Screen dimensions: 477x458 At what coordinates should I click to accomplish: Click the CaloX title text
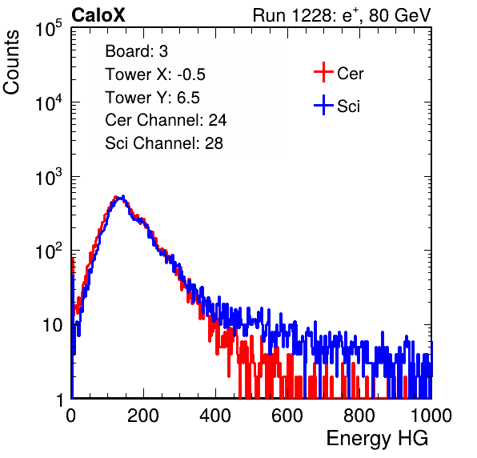(98, 15)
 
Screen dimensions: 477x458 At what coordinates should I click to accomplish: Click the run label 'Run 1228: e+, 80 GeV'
(342, 15)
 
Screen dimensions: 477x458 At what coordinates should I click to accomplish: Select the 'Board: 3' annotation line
(136, 51)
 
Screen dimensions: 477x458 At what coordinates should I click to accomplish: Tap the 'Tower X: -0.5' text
(155, 74)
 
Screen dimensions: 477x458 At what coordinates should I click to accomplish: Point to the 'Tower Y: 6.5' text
(152, 98)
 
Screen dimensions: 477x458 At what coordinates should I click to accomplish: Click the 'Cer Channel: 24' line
(166, 120)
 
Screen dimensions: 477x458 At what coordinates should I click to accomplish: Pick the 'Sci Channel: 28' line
(164, 143)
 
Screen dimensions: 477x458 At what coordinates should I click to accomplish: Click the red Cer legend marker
(323, 72)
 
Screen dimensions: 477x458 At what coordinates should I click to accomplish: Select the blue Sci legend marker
(323, 106)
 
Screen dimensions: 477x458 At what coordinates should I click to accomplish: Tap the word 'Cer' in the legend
(350, 74)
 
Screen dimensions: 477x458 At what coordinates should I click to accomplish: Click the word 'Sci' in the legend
(349, 106)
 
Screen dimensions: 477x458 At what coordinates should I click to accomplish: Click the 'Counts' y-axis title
(11, 62)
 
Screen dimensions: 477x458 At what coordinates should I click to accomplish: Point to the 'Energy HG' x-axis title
(377, 439)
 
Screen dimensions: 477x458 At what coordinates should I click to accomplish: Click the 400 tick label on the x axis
(215, 416)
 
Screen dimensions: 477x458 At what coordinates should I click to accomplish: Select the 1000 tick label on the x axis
(431, 416)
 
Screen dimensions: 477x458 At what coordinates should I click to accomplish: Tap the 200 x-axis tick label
(143, 416)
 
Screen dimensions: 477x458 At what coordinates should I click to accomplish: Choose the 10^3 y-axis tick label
(49, 177)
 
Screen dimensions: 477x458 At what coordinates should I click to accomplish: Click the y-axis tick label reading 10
(52, 325)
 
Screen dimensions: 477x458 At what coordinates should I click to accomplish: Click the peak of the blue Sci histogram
(123, 197)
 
